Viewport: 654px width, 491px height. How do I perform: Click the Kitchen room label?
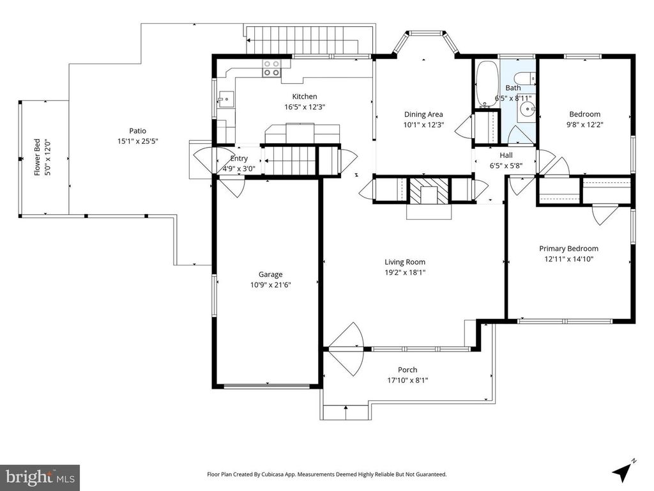pyautogui.click(x=305, y=97)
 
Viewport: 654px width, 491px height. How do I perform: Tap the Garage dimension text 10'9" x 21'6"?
pyautogui.click(x=270, y=285)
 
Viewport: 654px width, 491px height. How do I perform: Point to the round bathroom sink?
pyautogui.click(x=528, y=109)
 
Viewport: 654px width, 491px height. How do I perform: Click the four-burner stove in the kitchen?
pyautogui.click(x=271, y=68)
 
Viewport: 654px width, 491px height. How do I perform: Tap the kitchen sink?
pyautogui.click(x=225, y=99)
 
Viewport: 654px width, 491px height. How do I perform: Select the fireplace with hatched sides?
pyautogui.click(x=429, y=191)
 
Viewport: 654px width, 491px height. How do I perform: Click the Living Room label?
pyautogui.click(x=405, y=261)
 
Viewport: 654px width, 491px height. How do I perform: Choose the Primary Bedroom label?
pyautogui.click(x=569, y=249)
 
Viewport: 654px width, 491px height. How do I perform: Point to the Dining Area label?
pyautogui.click(x=423, y=114)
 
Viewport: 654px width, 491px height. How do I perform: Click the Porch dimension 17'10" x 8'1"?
pyautogui.click(x=407, y=380)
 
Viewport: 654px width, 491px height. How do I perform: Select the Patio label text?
pyautogui.click(x=138, y=130)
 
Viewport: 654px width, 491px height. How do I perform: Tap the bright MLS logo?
pyautogui.click(x=40, y=476)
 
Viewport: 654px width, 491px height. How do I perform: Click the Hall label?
pyautogui.click(x=506, y=155)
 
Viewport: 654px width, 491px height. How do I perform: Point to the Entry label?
pyautogui.click(x=239, y=159)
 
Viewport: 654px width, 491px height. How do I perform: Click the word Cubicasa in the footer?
pyautogui.click(x=275, y=474)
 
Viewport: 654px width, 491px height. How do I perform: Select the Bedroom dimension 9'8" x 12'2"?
pyautogui.click(x=585, y=125)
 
